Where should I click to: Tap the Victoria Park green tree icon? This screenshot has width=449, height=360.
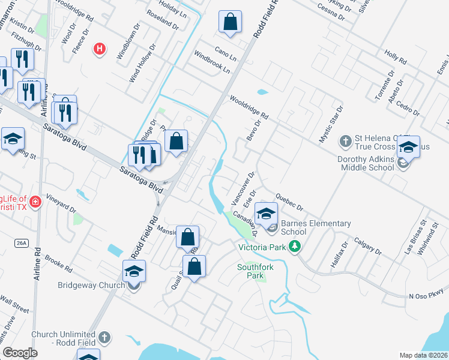294,247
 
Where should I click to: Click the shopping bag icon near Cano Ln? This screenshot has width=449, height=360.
230,23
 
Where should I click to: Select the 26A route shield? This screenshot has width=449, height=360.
22,242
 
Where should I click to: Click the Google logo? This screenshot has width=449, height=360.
20,353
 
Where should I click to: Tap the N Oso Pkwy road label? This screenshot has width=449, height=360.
424,296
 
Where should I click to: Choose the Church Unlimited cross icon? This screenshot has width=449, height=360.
105,338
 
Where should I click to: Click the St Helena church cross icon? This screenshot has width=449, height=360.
345,142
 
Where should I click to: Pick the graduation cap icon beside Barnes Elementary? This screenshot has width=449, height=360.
267,212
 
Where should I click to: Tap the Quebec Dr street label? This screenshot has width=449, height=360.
289,202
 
